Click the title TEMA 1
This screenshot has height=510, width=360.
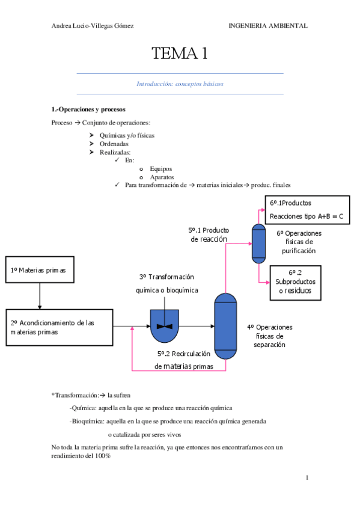click(x=180, y=54)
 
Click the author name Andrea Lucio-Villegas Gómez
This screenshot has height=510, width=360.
click(x=93, y=26)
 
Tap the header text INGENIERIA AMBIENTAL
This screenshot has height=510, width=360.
click(x=268, y=26)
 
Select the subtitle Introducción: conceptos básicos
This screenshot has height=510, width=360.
click(x=180, y=84)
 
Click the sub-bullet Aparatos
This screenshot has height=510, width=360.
click(x=162, y=177)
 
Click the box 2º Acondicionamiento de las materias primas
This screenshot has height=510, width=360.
click(x=59, y=328)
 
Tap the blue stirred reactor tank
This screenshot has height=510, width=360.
click(x=165, y=325)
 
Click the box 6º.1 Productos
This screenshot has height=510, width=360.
click(x=307, y=209)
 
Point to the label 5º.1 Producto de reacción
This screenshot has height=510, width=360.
click(x=209, y=235)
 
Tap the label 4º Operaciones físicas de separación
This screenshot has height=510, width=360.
click(x=269, y=336)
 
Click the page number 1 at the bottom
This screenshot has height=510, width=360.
click(x=307, y=478)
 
